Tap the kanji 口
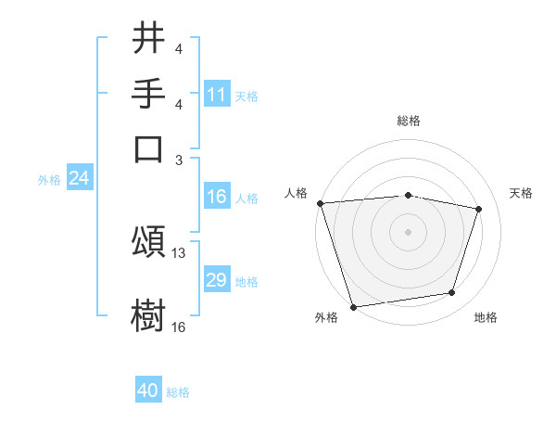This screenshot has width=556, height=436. click(148, 148)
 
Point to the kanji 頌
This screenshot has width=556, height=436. click(148, 243)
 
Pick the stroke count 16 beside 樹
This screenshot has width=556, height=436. click(179, 327)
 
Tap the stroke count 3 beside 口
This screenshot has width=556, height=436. click(179, 160)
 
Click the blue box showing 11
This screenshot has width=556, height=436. click(217, 95)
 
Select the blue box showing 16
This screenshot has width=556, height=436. click(217, 197)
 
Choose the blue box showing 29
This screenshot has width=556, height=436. click(217, 280)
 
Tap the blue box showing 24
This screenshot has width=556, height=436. click(79, 178)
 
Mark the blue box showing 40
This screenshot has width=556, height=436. click(148, 391)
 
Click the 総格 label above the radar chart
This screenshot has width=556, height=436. click(409, 121)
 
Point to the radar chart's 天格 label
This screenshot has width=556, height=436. click(521, 193)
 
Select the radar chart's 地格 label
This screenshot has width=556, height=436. click(486, 318)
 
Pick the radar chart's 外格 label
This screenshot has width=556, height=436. click(326, 318)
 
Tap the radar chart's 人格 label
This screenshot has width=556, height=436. click(297, 193)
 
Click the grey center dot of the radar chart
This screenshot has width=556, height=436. click(409, 231)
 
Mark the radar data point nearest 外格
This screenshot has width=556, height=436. click(353, 306)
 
